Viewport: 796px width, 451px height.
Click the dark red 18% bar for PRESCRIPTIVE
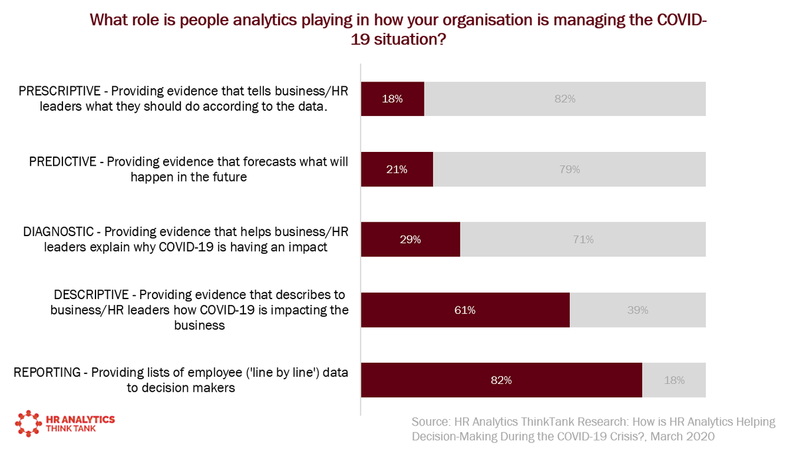pyautogui.click(x=393, y=99)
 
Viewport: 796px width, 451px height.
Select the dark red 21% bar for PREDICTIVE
pyautogui.click(x=397, y=169)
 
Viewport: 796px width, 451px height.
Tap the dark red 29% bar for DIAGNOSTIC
pyautogui.click(x=411, y=239)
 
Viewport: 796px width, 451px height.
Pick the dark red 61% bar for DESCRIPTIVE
pyautogui.click(x=465, y=310)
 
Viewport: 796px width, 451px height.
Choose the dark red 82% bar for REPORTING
pyautogui.click(x=501, y=380)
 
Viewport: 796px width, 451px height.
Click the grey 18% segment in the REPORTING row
pyautogui.click(x=674, y=380)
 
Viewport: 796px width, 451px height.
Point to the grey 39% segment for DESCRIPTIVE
pyautogui.click(x=637, y=310)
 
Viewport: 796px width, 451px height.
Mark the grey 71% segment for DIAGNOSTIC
pyautogui.click(x=583, y=239)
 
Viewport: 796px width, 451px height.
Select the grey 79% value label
pyautogui.click(x=569, y=169)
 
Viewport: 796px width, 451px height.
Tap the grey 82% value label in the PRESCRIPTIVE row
pyautogui.click(x=564, y=99)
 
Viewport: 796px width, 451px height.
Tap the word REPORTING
pyautogui.click(x=46, y=373)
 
